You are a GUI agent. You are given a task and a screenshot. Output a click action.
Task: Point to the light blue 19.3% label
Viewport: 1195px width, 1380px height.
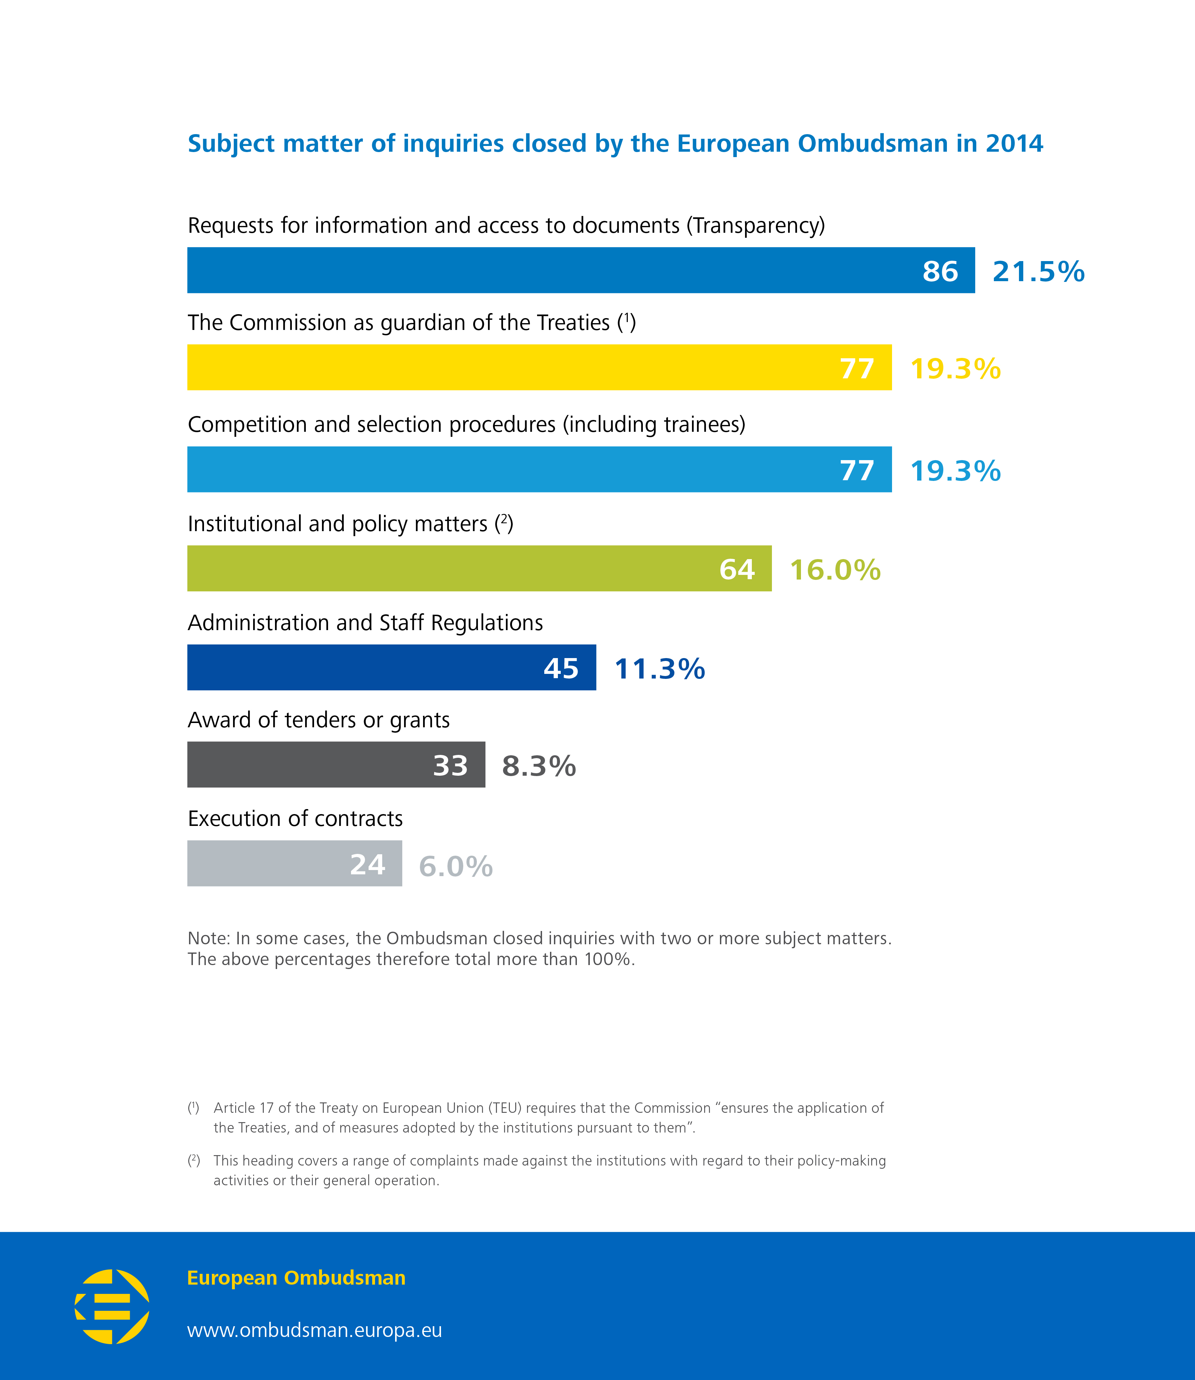click(955, 471)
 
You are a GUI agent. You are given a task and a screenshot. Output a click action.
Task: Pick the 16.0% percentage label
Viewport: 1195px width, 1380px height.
click(835, 570)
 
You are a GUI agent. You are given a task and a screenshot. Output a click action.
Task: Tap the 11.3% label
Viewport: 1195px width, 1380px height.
click(659, 668)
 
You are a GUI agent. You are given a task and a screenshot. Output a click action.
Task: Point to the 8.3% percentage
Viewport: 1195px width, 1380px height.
click(539, 766)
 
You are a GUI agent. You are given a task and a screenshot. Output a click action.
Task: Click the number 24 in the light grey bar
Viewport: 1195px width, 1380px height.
click(367, 864)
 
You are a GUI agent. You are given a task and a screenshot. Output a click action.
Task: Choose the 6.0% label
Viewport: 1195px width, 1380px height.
click(455, 866)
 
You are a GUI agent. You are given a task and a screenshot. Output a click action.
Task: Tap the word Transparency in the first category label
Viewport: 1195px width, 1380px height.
click(756, 226)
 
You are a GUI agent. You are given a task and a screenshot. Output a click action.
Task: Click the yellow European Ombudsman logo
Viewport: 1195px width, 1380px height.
click(112, 1306)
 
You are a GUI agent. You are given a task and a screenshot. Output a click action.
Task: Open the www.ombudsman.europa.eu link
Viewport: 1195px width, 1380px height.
click(314, 1330)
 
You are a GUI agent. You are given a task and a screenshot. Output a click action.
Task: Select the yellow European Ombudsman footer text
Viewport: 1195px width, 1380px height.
click(296, 1277)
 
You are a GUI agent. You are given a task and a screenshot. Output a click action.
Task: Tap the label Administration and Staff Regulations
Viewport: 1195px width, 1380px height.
click(365, 622)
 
